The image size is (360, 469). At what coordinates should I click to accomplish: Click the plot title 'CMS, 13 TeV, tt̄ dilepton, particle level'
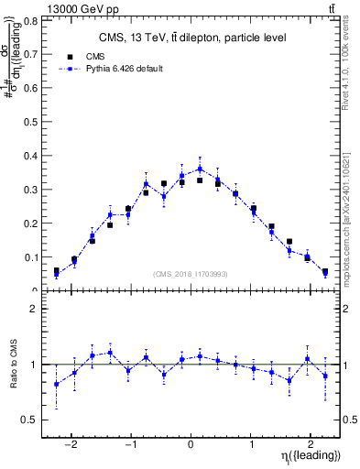click(x=191, y=38)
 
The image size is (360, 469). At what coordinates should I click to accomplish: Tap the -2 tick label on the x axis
click(x=71, y=440)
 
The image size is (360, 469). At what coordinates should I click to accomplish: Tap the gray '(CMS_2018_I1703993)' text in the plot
click(x=191, y=275)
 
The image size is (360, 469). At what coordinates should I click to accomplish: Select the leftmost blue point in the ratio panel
click(x=56, y=385)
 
